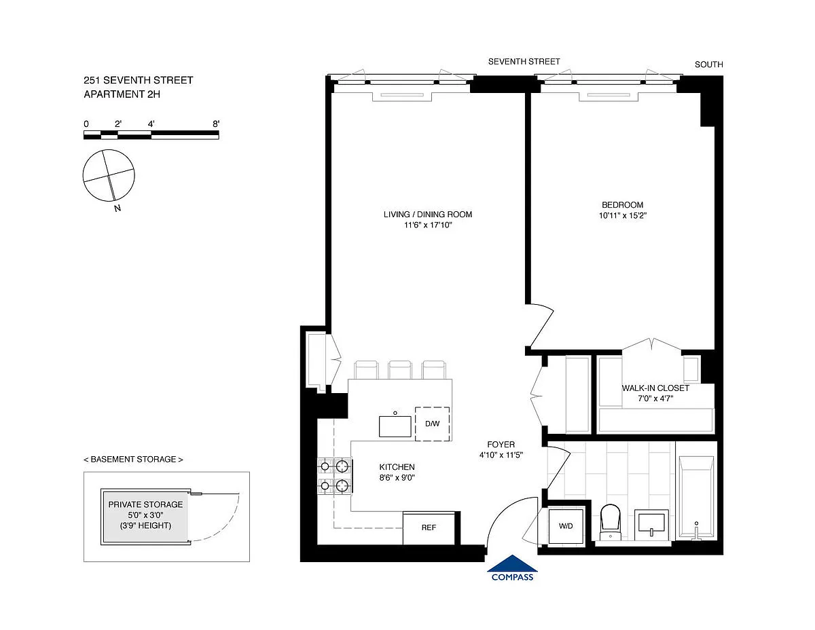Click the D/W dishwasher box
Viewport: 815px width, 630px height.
pyautogui.click(x=432, y=424)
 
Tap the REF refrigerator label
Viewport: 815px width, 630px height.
pyautogui.click(x=429, y=527)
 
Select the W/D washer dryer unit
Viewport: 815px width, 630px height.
pyautogui.click(x=566, y=526)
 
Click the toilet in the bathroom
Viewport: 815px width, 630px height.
pyautogui.click(x=610, y=521)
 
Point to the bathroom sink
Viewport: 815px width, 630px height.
pyautogui.click(x=651, y=525)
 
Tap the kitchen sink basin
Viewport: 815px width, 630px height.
pyautogui.click(x=395, y=426)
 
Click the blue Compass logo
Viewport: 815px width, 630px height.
pyautogui.click(x=512, y=568)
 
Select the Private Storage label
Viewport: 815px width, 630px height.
pyautogui.click(x=145, y=504)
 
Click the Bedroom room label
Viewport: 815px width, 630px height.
pyautogui.click(x=623, y=205)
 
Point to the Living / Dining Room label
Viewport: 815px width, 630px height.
pyautogui.click(x=428, y=215)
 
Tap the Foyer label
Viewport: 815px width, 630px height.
pyautogui.click(x=501, y=445)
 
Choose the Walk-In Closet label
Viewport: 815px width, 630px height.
pyautogui.click(x=655, y=388)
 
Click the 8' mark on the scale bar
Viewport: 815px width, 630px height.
pyautogui.click(x=216, y=124)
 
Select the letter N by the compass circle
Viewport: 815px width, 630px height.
pyautogui.click(x=117, y=208)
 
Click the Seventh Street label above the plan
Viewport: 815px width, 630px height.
pyautogui.click(x=524, y=62)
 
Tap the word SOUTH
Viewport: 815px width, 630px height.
pyautogui.click(x=709, y=64)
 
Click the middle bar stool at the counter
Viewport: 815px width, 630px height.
pyautogui.click(x=400, y=369)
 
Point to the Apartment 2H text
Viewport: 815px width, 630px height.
pyautogui.click(x=122, y=94)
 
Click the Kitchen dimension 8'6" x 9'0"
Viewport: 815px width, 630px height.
pyautogui.click(x=397, y=477)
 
